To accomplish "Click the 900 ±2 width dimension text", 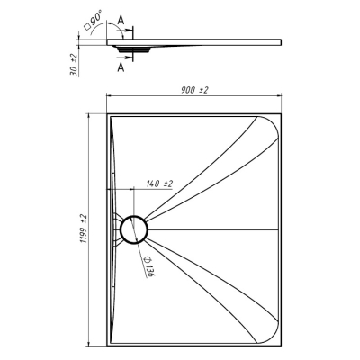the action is tap(194, 90).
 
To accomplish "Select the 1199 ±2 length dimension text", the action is tap(83, 229).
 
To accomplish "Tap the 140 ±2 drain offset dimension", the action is tap(159, 184).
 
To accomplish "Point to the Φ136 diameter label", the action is tap(148, 266).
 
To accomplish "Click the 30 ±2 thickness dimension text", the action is tap(74, 64).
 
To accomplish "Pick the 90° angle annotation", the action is tap(96, 17).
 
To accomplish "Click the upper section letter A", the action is tap(121, 20).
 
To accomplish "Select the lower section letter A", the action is tap(121, 67).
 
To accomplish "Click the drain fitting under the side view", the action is tap(133, 49).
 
